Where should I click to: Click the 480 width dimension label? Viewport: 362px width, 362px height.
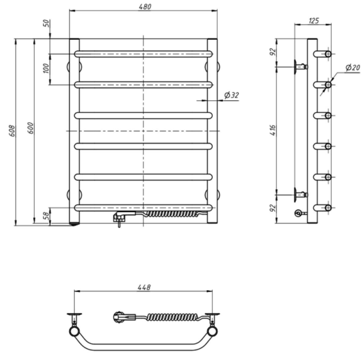point(145,7)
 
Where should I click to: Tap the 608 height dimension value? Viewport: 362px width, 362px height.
point(12,131)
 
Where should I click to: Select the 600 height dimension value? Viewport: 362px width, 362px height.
point(31,128)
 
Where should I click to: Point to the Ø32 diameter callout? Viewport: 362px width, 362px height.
point(232,95)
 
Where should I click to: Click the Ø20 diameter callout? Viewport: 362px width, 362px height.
point(353,68)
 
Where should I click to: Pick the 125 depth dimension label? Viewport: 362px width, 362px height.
point(314,21)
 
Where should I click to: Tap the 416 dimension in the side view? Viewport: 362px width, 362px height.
point(273,130)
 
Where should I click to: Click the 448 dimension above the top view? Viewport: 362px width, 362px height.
point(144,287)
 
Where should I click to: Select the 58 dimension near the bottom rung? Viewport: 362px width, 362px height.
point(46,215)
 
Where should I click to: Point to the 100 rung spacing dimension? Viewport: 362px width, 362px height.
point(46,68)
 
